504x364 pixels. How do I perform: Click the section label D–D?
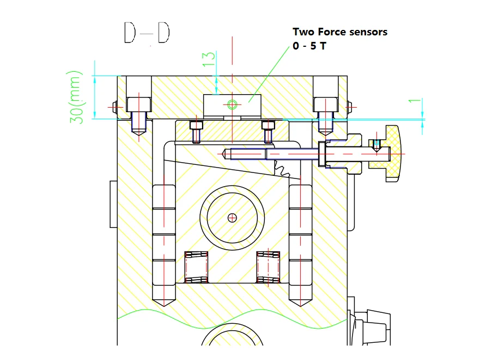pos(147,33)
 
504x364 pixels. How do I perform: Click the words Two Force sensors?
pos(340,32)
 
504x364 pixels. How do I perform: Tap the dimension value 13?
pos(209,59)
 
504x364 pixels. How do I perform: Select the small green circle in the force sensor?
pos(233,104)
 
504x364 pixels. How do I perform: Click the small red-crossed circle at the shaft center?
pos(233,218)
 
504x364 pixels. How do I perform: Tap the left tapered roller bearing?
pos(197,267)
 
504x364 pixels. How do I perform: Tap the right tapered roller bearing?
pos(269,267)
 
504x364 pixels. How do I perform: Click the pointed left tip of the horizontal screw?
pos(225,155)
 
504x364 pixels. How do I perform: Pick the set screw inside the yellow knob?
pos(377,145)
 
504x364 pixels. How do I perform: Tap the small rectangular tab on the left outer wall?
pos(113,204)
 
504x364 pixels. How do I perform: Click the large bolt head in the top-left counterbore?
pos(139,104)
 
